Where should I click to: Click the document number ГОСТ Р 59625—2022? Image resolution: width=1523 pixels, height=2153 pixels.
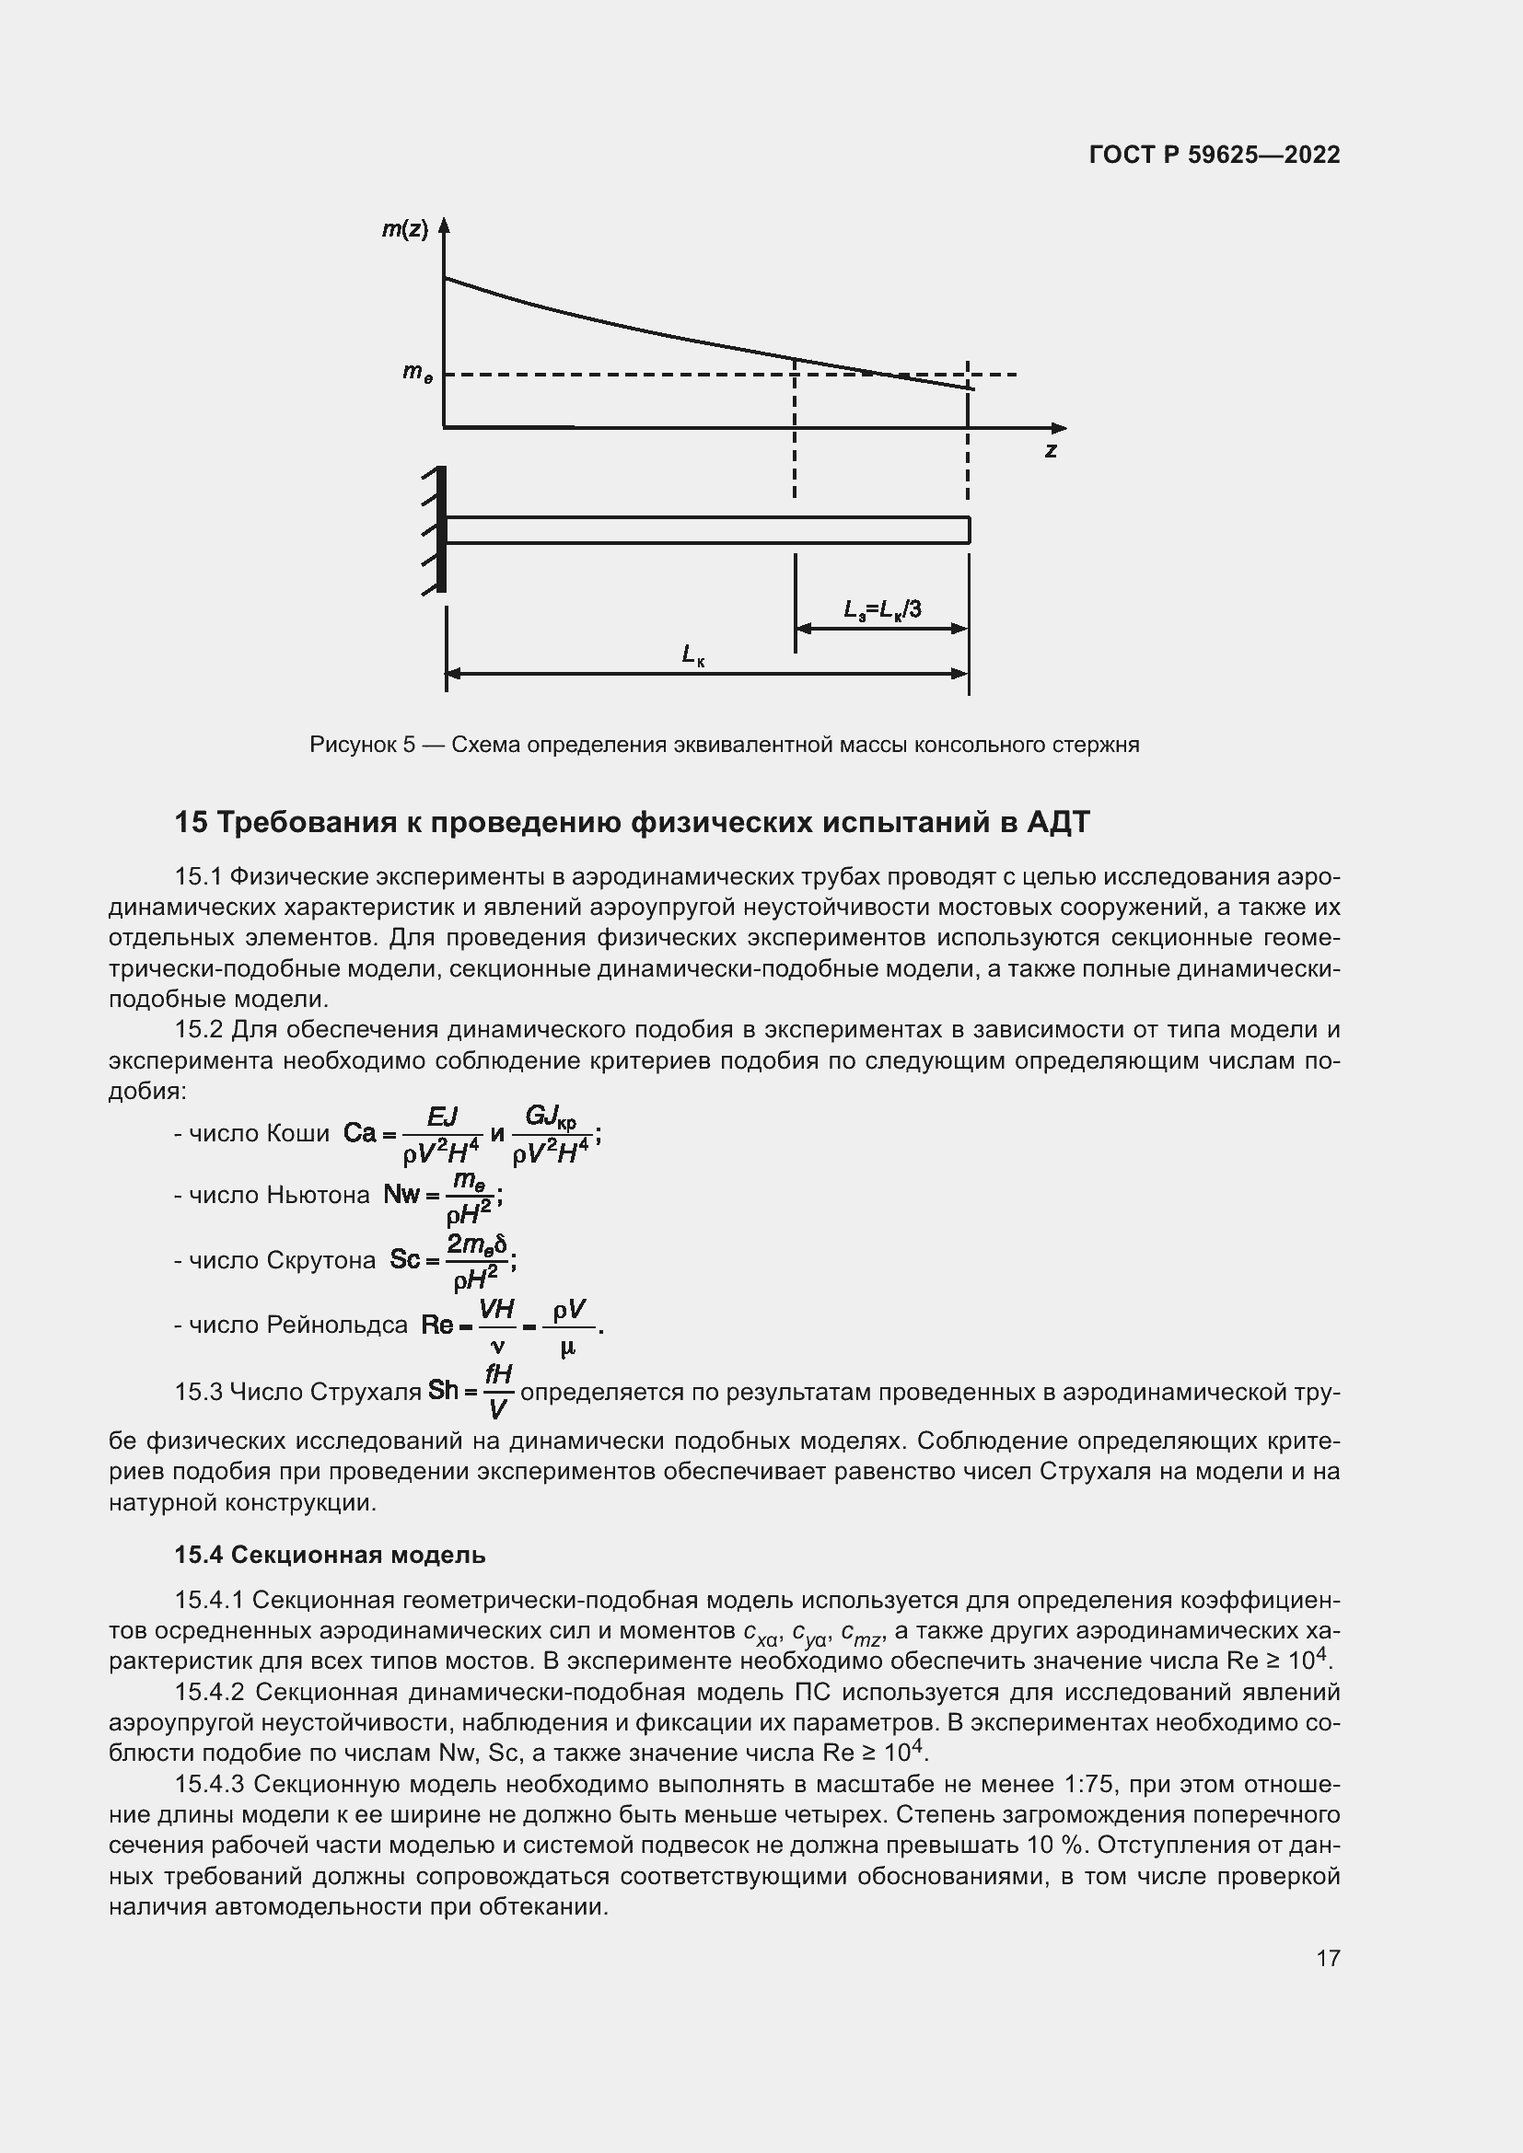pos(1215,155)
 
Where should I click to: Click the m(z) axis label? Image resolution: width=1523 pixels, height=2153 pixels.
pos(404,229)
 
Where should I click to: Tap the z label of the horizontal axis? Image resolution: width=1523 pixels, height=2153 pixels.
pos(1052,451)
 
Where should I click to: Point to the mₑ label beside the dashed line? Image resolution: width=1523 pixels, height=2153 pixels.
pos(417,372)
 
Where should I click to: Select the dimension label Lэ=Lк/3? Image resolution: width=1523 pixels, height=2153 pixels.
pos(882,610)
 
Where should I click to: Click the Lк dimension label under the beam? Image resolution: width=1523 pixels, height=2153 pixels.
pos(693,654)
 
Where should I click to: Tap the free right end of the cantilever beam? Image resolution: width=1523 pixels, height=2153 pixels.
pos(968,530)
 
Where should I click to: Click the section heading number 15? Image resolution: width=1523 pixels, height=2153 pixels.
pos(191,822)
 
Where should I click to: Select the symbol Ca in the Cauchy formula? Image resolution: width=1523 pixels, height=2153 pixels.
pos(359,1133)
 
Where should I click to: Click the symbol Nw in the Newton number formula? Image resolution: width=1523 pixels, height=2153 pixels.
pos(401,1195)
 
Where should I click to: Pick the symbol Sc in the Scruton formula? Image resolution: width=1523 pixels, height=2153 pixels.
pos(404,1259)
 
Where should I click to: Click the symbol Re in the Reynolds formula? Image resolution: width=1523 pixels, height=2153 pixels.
pos(437,1324)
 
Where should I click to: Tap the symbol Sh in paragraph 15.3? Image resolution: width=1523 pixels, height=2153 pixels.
pos(443,1390)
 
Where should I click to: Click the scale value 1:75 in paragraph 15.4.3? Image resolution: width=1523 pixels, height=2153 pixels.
pos(1090,1784)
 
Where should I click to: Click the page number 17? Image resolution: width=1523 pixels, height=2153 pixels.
pos(1327,1958)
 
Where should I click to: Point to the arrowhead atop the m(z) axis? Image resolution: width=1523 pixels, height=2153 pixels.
pos(445,225)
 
